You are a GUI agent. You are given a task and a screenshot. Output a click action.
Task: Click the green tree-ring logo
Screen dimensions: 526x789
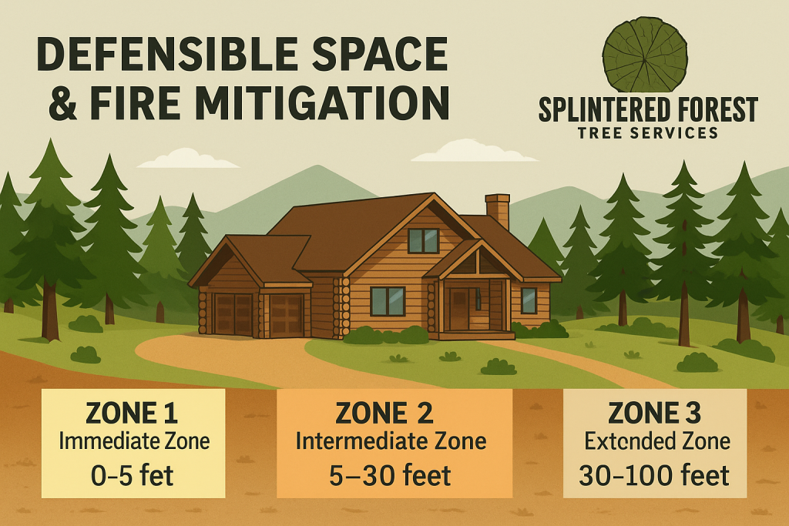coord(644,55)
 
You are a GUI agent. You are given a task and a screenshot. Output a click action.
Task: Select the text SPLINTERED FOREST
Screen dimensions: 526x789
coord(647,110)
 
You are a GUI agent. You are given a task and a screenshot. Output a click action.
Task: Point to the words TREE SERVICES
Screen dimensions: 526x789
coord(647,133)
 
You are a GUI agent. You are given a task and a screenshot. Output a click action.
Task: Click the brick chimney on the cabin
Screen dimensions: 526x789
coord(497,210)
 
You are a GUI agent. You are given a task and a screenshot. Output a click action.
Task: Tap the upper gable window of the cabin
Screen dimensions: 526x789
coord(423,241)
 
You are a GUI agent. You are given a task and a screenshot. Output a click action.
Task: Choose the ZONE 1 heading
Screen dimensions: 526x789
coord(132,414)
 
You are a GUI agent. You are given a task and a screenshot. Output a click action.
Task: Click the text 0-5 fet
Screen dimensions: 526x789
coord(132,474)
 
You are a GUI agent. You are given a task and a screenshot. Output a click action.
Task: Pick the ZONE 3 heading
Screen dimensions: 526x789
coord(654,414)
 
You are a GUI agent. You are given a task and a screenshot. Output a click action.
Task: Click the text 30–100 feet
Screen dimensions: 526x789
coord(654,474)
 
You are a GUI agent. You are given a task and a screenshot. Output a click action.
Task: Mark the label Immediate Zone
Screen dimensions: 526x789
coord(132,442)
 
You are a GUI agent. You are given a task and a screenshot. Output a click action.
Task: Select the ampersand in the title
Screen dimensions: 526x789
coord(60,104)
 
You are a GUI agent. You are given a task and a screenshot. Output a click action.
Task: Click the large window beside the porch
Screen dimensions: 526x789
coord(388,300)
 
